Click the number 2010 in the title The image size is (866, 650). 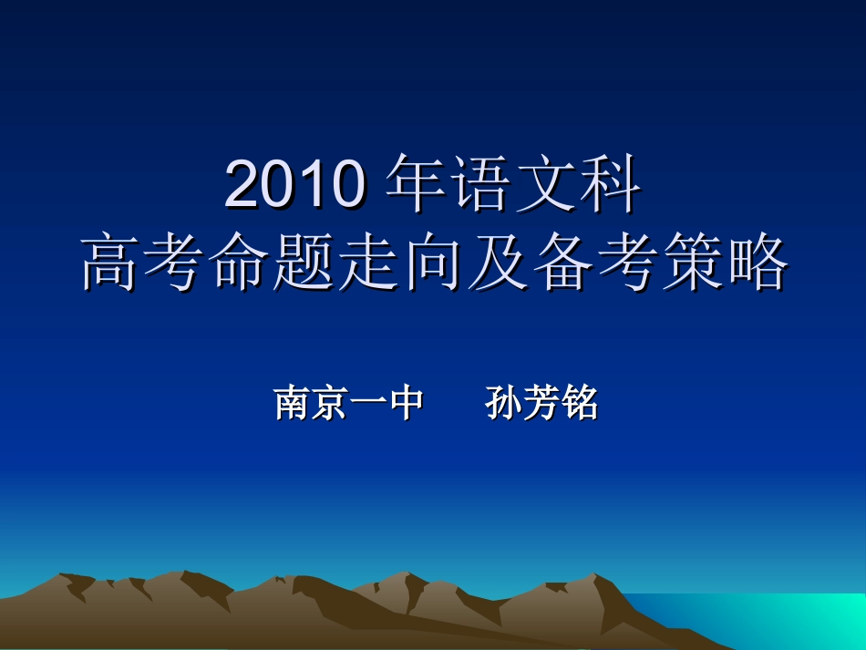tap(296, 184)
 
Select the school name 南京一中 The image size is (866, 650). tap(349, 403)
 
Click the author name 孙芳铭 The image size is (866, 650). tap(541, 403)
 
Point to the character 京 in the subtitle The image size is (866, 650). tap(330, 403)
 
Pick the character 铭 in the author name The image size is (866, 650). tap(580, 403)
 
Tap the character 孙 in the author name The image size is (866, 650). tap(504, 403)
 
